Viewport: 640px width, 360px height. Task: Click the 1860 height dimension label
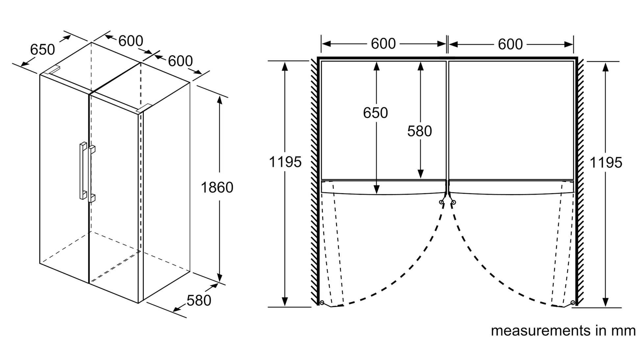[217, 187]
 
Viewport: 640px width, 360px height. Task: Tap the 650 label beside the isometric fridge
[42, 50]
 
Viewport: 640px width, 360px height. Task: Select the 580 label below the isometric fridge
[199, 300]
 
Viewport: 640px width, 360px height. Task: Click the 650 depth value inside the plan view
[375, 113]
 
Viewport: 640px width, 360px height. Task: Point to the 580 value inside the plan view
[419, 131]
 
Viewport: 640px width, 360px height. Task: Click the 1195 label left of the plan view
[285, 162]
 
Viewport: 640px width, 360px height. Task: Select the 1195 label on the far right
[606, 163]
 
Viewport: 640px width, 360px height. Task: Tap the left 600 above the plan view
[383, 44]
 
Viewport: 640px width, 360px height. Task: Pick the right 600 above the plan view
[510, 44]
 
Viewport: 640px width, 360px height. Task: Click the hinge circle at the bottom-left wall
[322, 302]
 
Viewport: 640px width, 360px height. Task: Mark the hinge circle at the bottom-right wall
[573, 302]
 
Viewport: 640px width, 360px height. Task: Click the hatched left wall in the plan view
[314, 181]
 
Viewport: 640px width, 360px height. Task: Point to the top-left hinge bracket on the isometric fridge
[53, 70]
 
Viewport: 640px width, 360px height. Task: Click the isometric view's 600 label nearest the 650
[131, 41]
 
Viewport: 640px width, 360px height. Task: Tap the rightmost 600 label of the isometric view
[180, 61]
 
